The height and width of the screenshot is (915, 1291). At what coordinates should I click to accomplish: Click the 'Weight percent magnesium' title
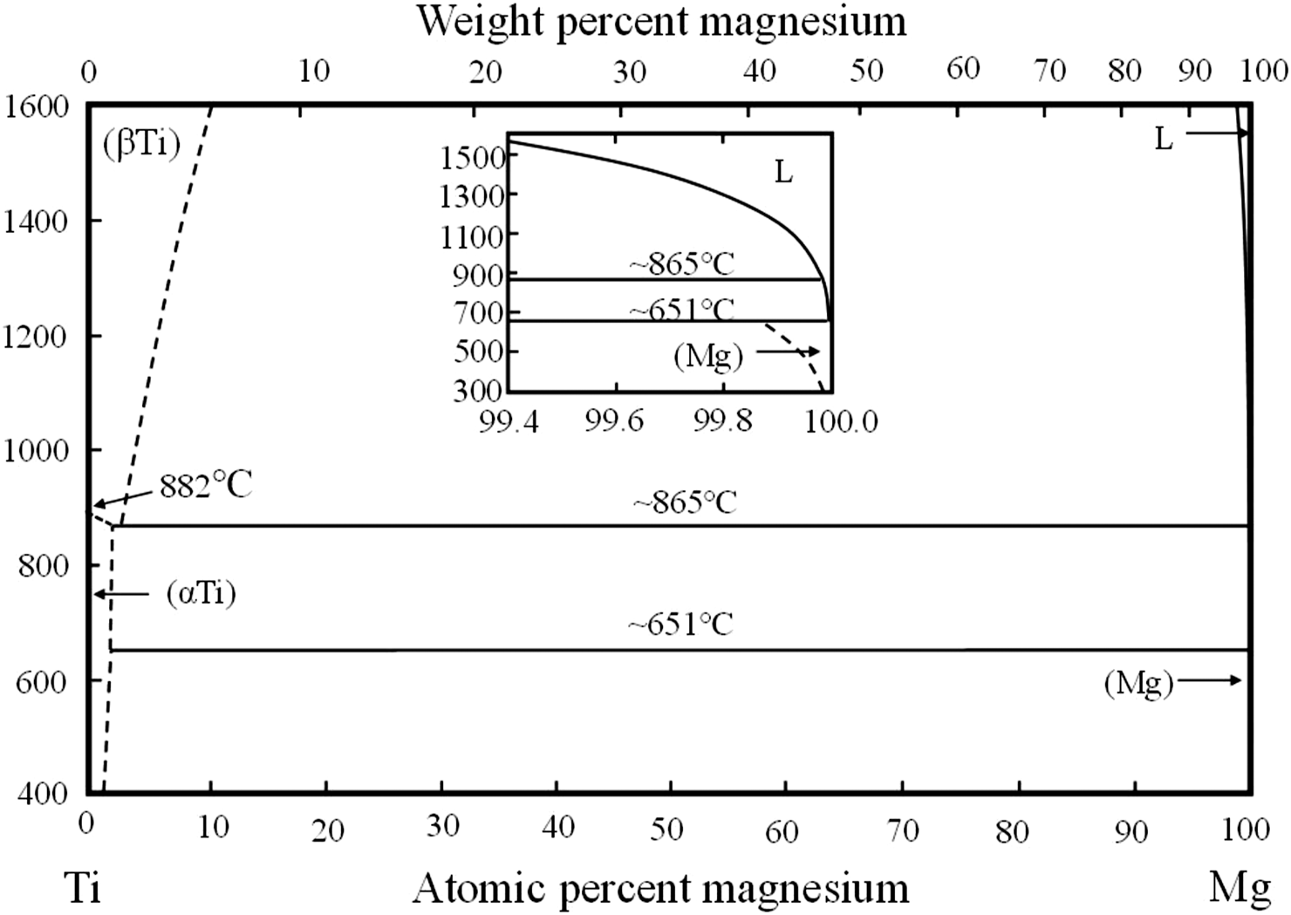point(661,21)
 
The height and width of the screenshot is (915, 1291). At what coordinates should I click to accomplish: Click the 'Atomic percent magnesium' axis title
point(660,889)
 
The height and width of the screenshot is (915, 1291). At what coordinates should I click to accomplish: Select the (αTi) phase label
point(201,594)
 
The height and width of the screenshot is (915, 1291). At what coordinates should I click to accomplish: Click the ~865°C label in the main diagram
point(685,503)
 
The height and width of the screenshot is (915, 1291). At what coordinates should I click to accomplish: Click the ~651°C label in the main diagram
point(680,625)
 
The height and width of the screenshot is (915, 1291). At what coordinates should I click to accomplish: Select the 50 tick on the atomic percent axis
point(667,828)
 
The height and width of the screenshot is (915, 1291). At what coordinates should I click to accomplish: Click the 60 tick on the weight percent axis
point(963,69)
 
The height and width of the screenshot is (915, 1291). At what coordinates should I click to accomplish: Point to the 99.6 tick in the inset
point(614,422)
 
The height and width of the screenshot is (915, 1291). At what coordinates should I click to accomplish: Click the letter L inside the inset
point(783,173)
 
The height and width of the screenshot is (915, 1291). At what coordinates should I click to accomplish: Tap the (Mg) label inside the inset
point(708,355)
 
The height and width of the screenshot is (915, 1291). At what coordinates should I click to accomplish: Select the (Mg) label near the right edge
point(1138,683)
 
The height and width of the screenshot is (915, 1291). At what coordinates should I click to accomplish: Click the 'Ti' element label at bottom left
point(84,889)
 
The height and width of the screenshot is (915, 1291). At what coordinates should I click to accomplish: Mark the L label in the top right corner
point(1164,139)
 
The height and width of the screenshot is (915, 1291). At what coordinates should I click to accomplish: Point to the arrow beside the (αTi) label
point(122,594)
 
